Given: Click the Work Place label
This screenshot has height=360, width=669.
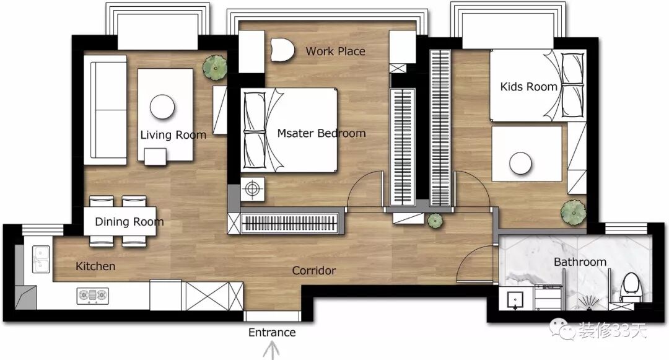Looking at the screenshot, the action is click(x=335, y=51).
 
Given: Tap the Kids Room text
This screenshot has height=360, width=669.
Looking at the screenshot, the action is click(x=528, y=87).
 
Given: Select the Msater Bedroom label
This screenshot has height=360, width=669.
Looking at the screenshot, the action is click(x=321, y=133).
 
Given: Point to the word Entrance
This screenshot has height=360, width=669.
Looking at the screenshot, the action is click(x=272, y=332).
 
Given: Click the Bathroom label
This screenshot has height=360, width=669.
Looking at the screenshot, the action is click(x=580, y=261).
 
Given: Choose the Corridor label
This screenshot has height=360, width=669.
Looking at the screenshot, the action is click(x=313, y=270).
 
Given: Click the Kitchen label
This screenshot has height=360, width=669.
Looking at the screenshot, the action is click(x=95, y=266).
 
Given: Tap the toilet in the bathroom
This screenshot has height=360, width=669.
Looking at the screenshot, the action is click(x=631, y=285).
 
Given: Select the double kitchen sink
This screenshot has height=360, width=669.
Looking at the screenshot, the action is click(x=41, y=259).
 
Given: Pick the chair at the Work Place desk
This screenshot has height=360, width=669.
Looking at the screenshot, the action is click(x=282, y=50).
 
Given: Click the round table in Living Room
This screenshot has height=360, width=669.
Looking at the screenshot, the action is click(x=162, y=107).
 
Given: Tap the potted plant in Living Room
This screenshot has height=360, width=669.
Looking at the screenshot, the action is click(x=214, y=68).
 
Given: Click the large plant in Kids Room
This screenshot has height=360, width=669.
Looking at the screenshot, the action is click(x=573, y=212).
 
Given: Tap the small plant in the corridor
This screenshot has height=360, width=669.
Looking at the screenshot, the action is click(x=435, y=221).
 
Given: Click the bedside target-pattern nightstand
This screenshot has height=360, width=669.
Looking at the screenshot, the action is click(x=252, y=189).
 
